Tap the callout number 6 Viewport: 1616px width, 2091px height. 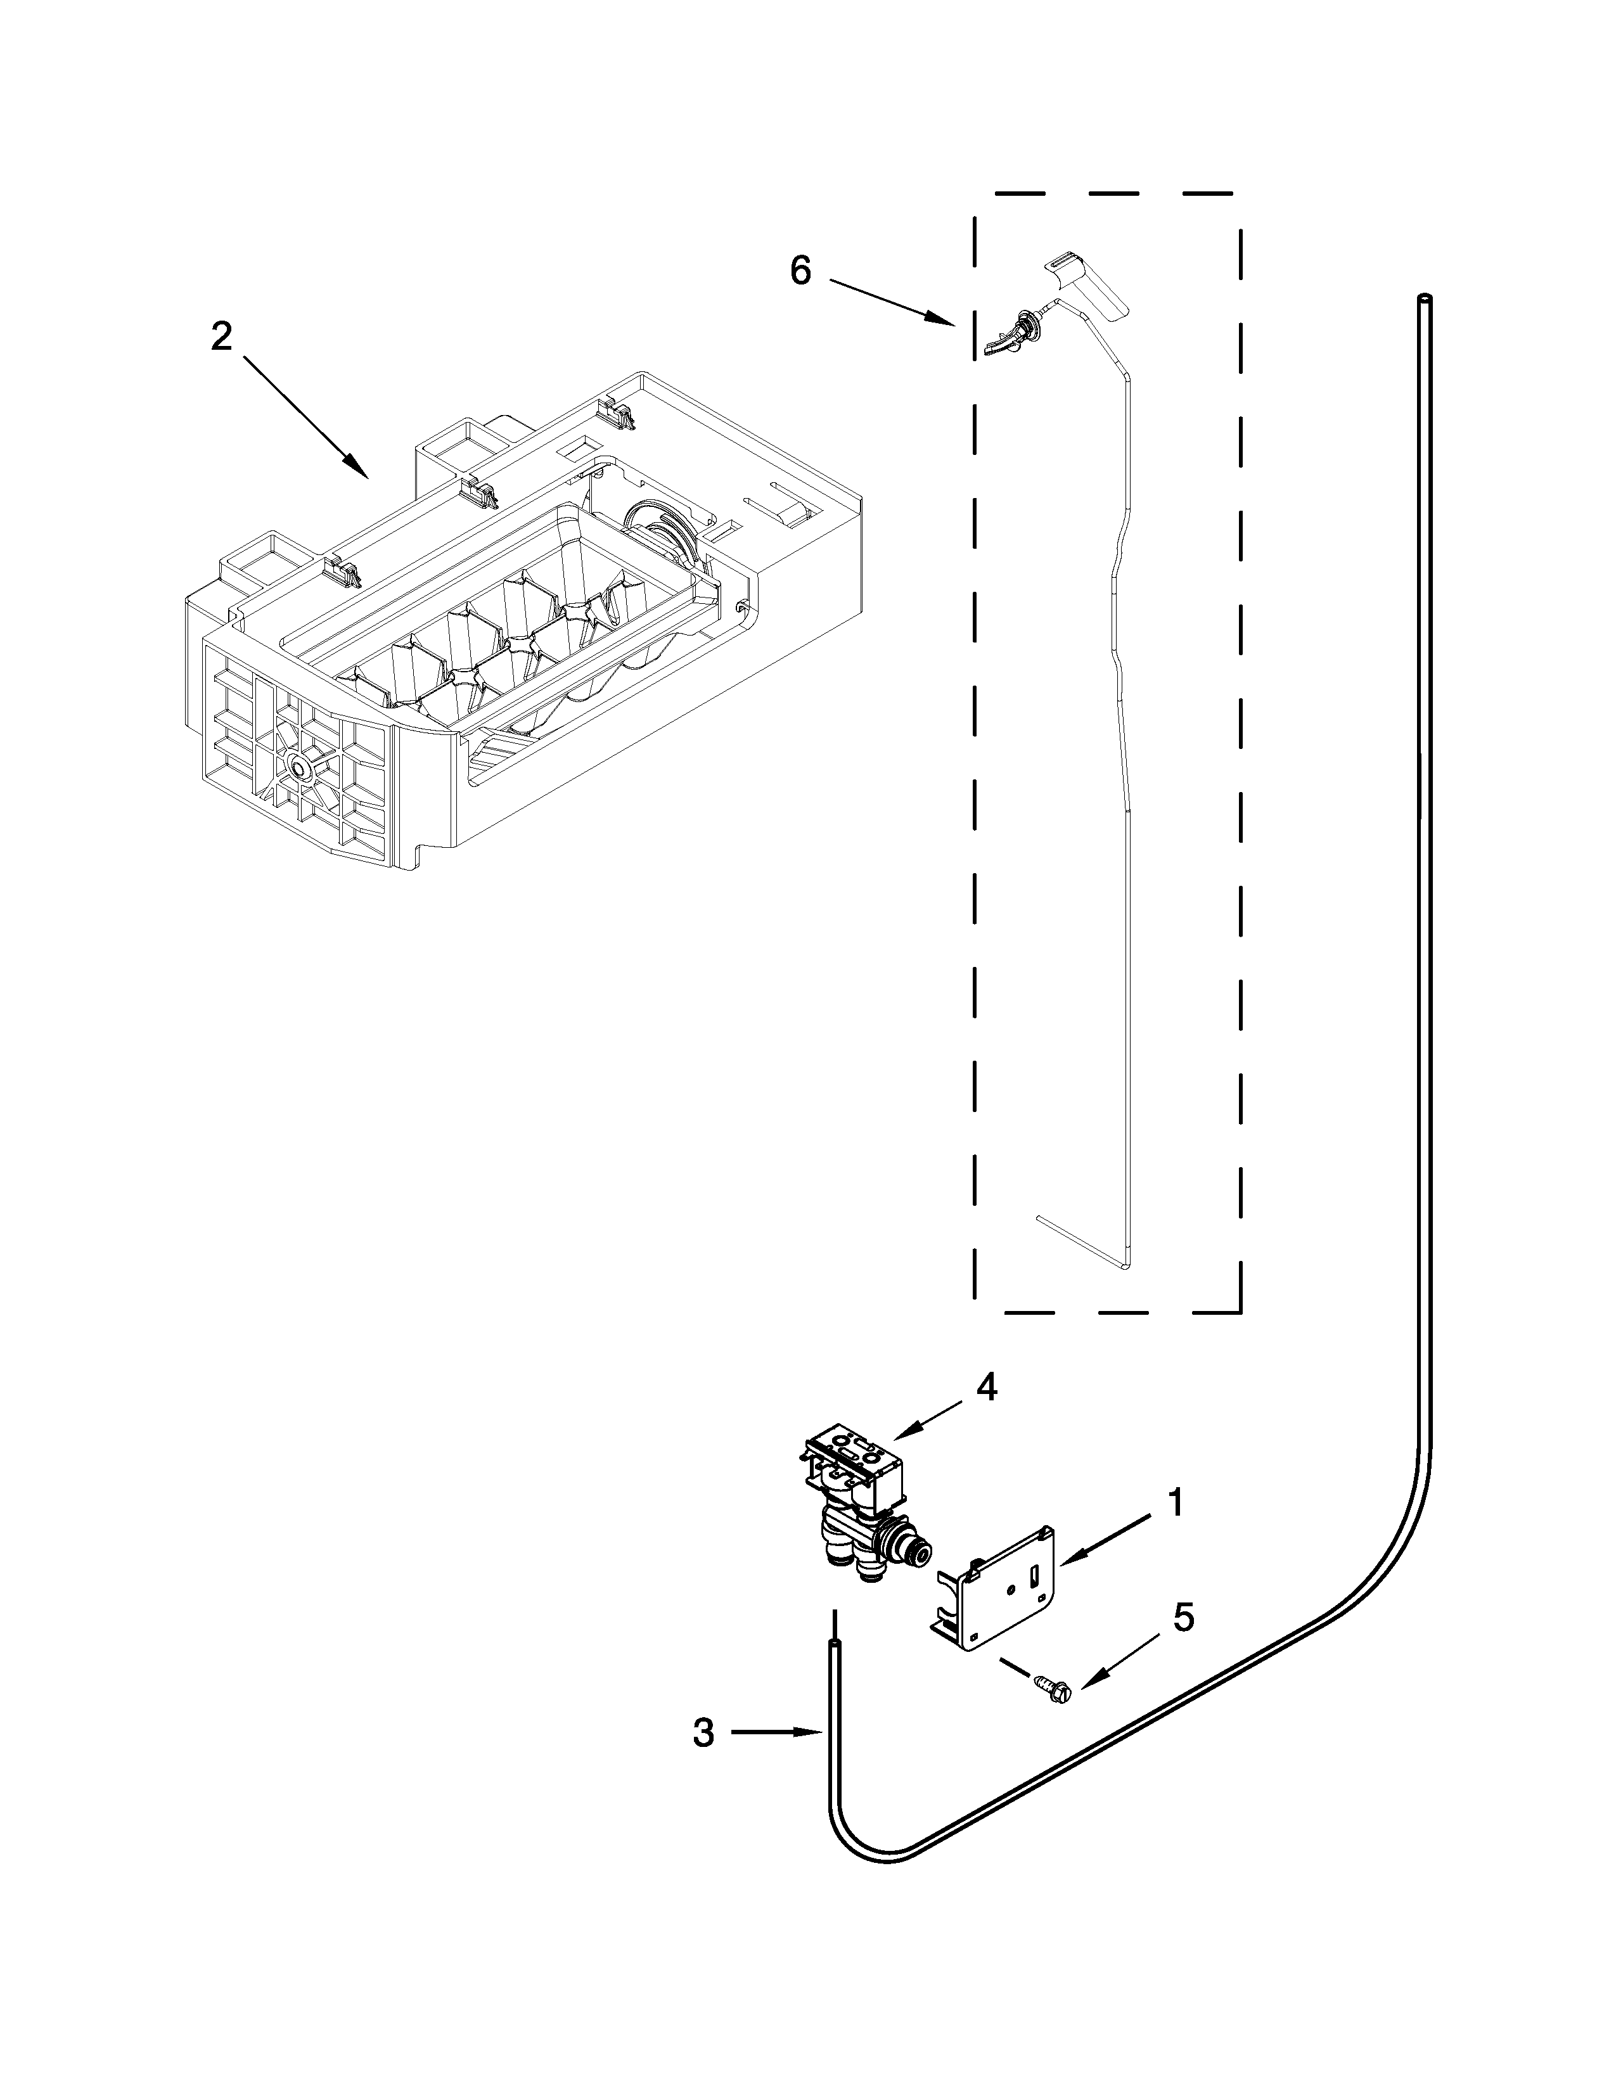pyautogui.click(x=800, y=271)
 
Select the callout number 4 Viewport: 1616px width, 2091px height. pyautogui.click(x=987, y=1387)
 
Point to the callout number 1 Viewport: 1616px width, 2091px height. pyautogui.click(x=1175, y=1503)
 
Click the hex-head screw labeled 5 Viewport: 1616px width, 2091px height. pyautogui.click(x=1053, y=1691)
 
